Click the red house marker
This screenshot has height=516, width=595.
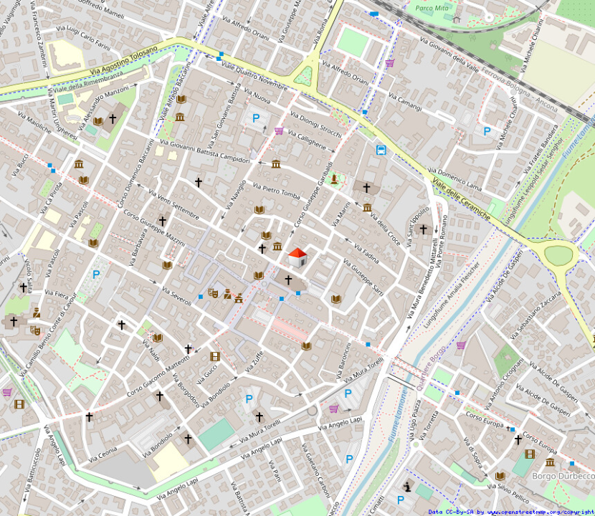pos(297,257)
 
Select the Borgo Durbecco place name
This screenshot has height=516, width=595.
pos(563,476)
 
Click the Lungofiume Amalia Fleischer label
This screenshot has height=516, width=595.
pos(452,293)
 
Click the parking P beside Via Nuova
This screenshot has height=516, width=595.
pos(256,118)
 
